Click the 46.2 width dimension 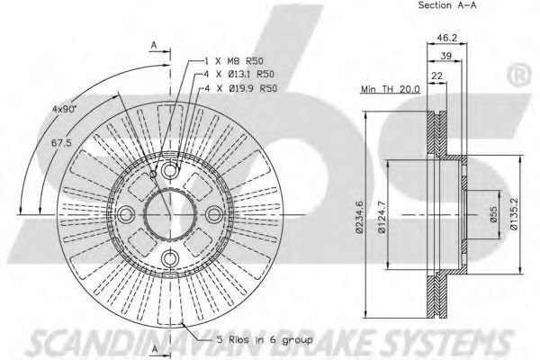point(446,38)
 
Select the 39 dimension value point(446,56)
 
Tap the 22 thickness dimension point(436,76)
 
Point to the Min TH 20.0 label point(391,89)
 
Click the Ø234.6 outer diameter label point(359,217)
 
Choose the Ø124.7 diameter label point(382,217)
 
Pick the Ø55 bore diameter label point(493,214)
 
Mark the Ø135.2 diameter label point(514,213)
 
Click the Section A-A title point(447,5)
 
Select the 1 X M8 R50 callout point(234,61)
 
